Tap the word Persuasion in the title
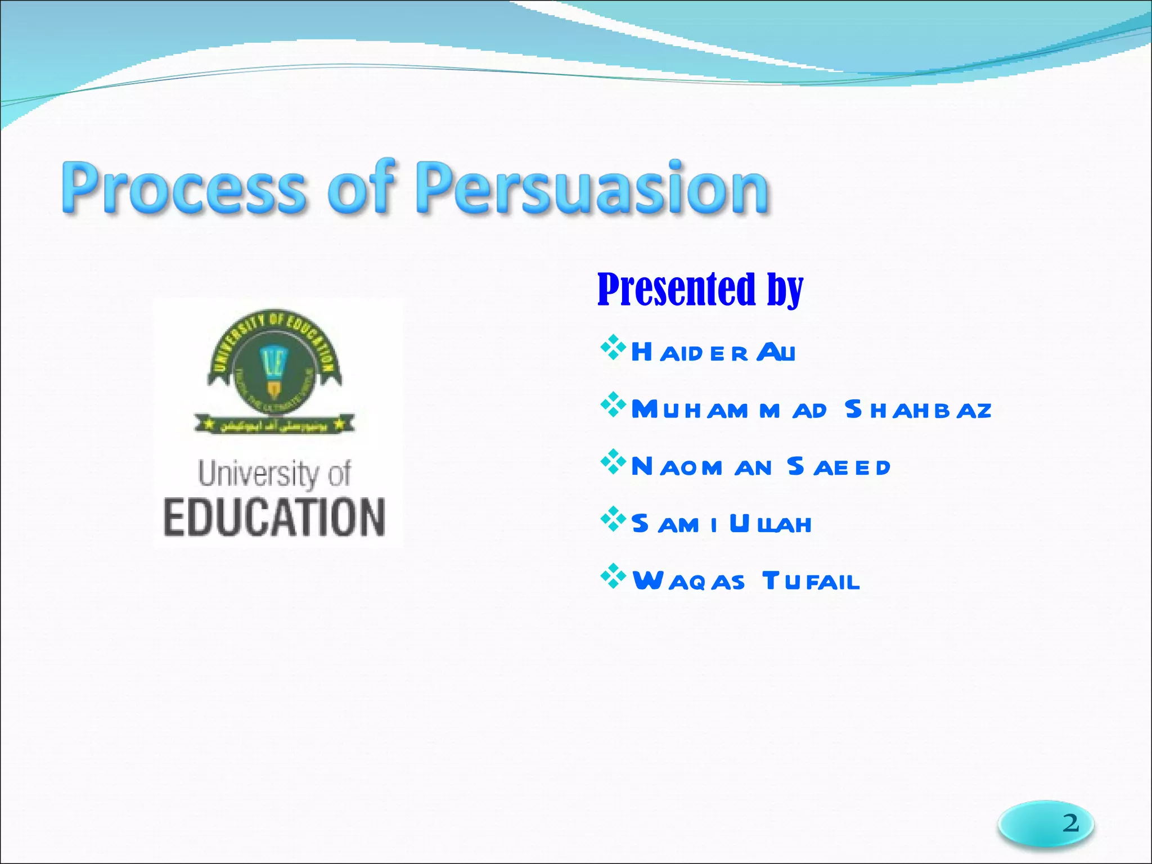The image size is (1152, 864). coord(592,188)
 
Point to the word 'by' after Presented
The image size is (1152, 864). coord(785,290)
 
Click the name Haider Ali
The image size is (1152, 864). coord(713,353)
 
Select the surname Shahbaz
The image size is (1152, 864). coord(918,410)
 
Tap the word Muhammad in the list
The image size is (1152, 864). coord(729,410)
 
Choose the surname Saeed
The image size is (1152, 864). coord(838,467)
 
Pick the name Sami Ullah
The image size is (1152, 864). coord(721,524)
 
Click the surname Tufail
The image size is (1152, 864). coord(811,581)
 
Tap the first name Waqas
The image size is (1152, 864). coord(688,581)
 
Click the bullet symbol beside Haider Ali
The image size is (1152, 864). coord(613,348)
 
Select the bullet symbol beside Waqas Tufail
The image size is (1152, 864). coord(613,577)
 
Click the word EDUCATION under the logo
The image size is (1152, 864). coord(274,517)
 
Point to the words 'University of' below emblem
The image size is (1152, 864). coord(274,474)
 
